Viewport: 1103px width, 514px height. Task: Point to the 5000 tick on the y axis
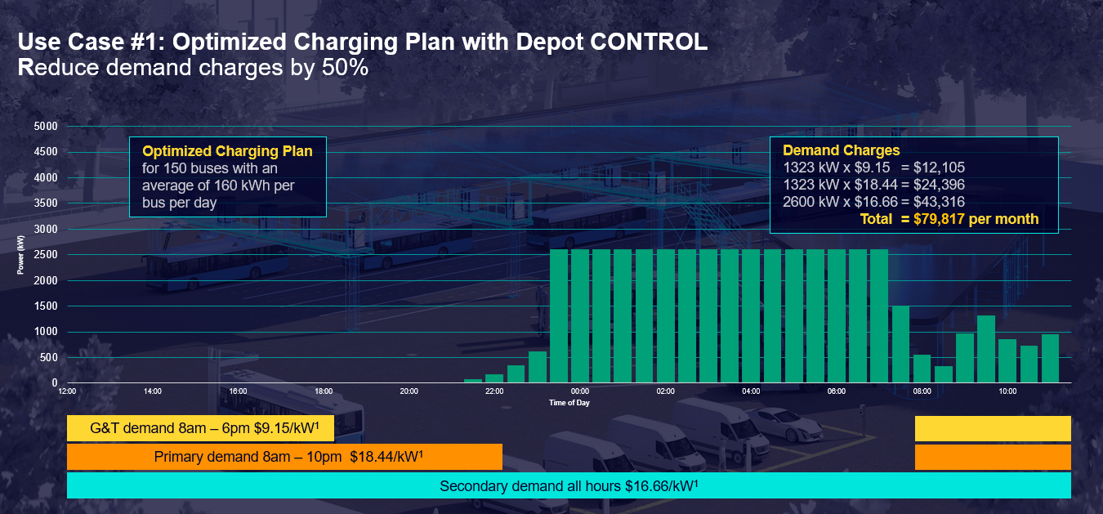(46, 127)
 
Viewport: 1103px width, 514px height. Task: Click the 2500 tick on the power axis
(46, 255)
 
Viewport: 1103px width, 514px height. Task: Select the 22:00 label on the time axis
(494, 391)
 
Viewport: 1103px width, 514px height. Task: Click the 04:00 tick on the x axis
(751, 391)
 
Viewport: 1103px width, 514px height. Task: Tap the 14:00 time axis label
(152, 391)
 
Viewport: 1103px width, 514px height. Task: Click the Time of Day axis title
(569, 403)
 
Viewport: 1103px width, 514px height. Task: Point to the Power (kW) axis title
(20, 254)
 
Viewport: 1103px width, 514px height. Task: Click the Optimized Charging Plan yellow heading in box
(227, 151)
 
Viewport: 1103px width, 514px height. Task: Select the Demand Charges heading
(841, 150)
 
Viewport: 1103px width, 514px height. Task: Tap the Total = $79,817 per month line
(949, 219)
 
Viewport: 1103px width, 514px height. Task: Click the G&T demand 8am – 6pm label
(203, 428)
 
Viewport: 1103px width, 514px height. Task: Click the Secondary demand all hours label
(568, 485)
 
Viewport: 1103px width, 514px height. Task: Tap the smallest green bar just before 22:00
(473, 381)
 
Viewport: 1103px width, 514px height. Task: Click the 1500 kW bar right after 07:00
(900, 344)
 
